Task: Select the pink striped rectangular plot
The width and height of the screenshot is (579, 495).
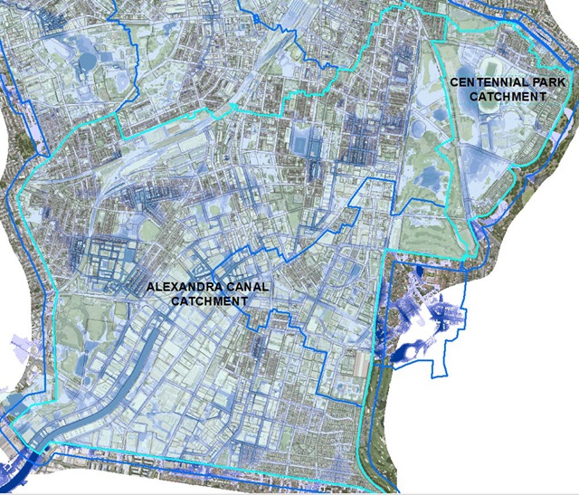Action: (x=363, y=363)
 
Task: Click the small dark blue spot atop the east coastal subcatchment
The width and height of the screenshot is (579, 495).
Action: (x=421, y=271)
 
